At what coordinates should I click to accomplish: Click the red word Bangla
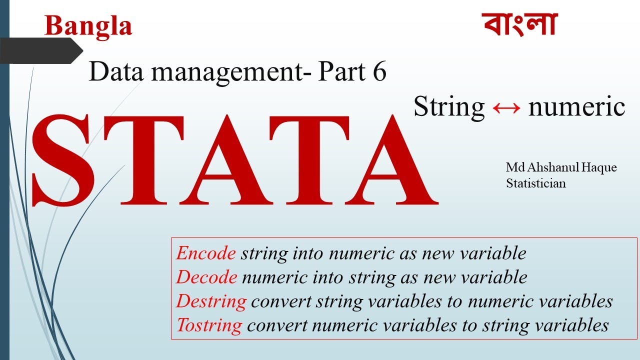click(x=88, y=27)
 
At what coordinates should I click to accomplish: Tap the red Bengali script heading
click(x=519, y=24)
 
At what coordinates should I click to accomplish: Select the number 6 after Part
click(x=379, y=71)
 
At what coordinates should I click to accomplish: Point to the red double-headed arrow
click(x=506, y=108)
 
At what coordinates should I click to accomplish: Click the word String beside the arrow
click(x=449, y=107)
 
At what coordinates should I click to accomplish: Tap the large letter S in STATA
click(x=63, y=160)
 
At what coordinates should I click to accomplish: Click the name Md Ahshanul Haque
click(x=561, y=167)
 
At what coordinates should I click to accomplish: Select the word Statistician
click(x=535, y=183)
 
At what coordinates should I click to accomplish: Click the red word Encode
click(x=205, y=253)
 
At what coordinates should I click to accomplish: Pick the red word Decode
click(x=206, y=277)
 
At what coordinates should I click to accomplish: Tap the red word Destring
click(x=211, y=301)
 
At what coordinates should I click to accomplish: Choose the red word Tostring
click(x=209, y=325)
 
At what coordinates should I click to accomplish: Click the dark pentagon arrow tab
click(x=41, y=51)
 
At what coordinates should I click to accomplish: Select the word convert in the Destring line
click(x=281, y=301)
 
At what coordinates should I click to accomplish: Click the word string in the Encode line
click(x=264, y=253)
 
